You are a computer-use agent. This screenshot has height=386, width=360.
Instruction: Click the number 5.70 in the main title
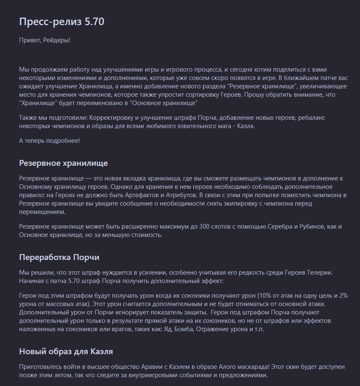click(94, 22)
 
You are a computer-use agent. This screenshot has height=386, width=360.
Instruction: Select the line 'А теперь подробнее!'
click(49, 140)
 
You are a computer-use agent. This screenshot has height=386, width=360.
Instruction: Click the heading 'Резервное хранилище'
click(63, 162)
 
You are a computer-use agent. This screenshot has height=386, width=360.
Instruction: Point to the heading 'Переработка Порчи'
click(59, 257)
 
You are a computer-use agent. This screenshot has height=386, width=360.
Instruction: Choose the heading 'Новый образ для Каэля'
click(66, 351)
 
